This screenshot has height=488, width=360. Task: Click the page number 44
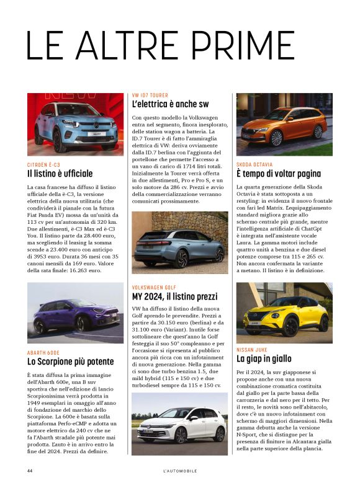29,471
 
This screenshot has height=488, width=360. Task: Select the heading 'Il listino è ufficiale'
60,174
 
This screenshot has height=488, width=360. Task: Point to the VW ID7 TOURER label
150,95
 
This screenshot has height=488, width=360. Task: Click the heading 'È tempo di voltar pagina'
278,174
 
